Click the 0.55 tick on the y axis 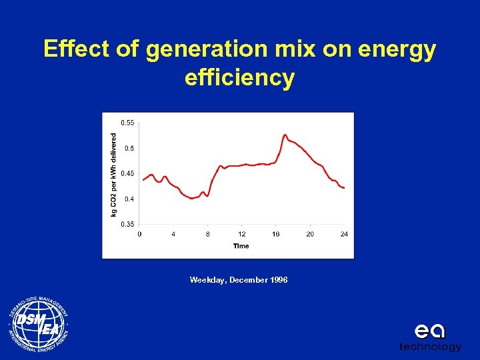[x=127, y=123]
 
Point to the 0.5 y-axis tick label [x=128, y=148]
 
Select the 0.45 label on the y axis [x=127, y=173]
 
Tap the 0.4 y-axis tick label [x=128, y=199]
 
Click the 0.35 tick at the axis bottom [x=127, y=225]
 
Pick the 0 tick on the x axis [x=139, y=234]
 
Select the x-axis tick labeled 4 [x=173, y=234]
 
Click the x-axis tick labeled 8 [x=207, y=234]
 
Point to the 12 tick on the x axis [x=242, y=234]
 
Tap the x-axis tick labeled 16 [x=276, y=234]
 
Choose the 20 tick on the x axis [x=310, y=234]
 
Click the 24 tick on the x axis [x=344, y=234]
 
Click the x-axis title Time [x=241, y=246]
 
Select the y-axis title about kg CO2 [x=113, y=173]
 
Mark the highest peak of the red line [x=285, y=135]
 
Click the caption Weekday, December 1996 [x=239, y=280]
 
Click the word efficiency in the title [x=239, y=78]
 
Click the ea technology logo [x=430, y=337]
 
